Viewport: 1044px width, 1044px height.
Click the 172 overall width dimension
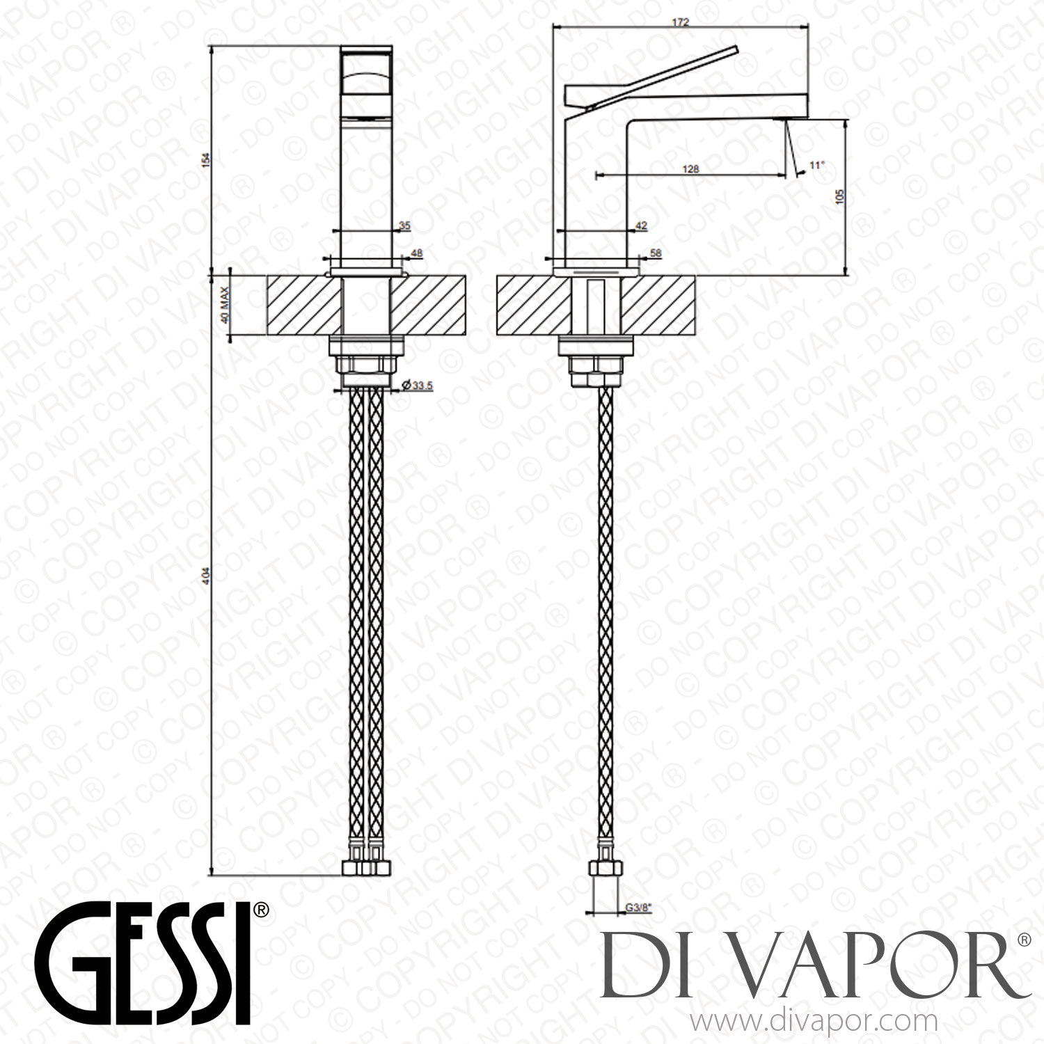[x=680, y=22]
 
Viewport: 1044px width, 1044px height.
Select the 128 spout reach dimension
[x=690, y=168]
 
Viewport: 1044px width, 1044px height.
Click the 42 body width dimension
[x=641, y=225]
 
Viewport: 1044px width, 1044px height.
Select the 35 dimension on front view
[x=405, y=225]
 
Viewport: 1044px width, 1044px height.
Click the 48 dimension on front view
[x=417, y=254]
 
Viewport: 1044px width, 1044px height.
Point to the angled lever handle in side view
[x=661, y=77]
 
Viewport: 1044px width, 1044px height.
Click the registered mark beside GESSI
[x=261, y=910]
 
